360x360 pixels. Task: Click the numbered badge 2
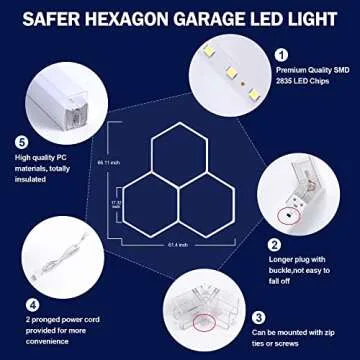pos(273,243)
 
